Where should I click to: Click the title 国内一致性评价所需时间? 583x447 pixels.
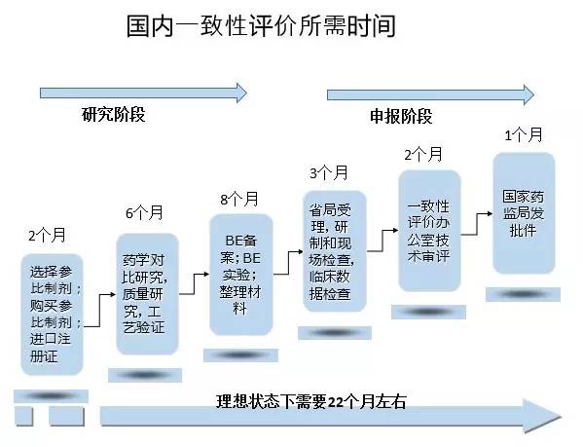click(260, 26)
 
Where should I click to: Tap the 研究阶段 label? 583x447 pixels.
click(114, 114)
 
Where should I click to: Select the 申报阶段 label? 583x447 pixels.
click(401, 117)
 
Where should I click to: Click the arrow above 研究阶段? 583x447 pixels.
click(143, 93)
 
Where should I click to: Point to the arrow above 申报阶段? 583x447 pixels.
click(430, 94)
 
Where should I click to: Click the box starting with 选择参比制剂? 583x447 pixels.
click(52, 315)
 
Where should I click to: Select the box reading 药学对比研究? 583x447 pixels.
click(148, 294)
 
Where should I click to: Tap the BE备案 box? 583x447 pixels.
click(241, 275)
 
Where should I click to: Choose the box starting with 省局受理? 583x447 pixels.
click(335, 251)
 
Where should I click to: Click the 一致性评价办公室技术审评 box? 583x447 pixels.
click(429, 231)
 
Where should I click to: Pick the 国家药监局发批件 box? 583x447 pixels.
click(524, 213)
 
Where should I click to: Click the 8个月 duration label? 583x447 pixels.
click(239, 199)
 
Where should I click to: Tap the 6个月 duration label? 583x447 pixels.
click(144, 212)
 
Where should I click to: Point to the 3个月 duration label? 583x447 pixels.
click(329, 173)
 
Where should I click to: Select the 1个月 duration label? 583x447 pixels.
click(524, 134)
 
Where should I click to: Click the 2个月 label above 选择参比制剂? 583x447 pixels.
click(48, 235)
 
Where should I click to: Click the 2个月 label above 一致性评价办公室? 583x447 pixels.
click(423, 154)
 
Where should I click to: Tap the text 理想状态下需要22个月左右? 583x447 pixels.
click(310, 401)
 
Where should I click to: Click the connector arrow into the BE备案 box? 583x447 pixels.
click(194, 284)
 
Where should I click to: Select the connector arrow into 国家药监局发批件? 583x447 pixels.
click(477, 224)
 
